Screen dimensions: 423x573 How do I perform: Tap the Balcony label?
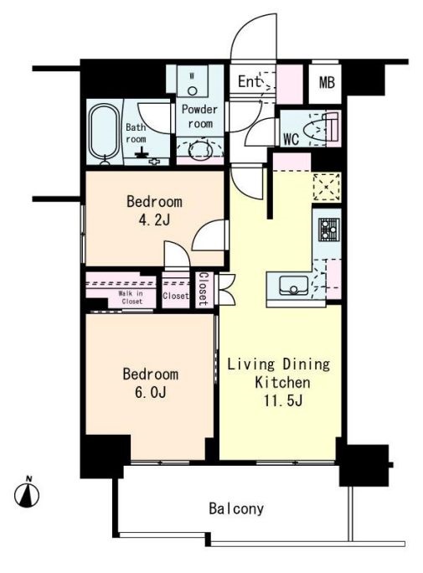pyautogui.click(x=236, y=508)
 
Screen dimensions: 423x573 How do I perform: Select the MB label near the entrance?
pyautogui.click(x=327, y=83)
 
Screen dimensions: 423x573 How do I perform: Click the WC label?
pyautogui.click(x=291, y=138)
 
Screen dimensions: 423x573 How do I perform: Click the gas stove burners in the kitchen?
pyautogui.click(x=329, y=230)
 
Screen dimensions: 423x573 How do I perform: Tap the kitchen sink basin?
pyautogui.click(x=294, y=286)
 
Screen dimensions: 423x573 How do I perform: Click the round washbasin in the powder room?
pyautogui.click(x=199, y=149)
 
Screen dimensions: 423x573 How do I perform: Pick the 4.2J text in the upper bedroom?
pyautogui.click(x=155, y=219)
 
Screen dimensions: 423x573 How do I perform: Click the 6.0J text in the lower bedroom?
pyautogui.click(x=151, y=392)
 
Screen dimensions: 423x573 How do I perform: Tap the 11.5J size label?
pyautogui.click(x=283, y=401)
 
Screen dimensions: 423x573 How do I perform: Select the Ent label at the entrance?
pyautogui.click(x=250, y=81)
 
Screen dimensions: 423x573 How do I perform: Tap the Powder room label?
pyautogui.click(x=199, y=116)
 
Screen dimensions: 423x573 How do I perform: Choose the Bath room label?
pyautogui.click(x=136, y=133)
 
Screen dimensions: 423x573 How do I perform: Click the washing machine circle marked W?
pyautogui.click(x=193, y=90)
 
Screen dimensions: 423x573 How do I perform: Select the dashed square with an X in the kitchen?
pyautogui.click(x=327, y=187)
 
